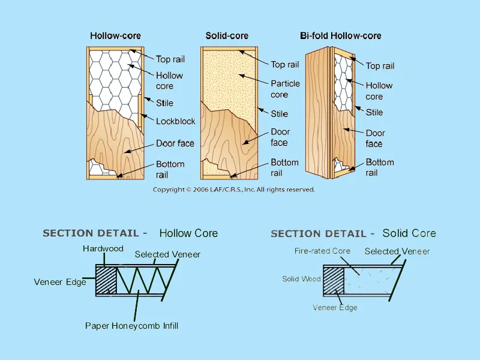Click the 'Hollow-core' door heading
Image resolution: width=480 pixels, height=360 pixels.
coord(115,36)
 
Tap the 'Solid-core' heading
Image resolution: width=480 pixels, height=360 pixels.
coord(227,36)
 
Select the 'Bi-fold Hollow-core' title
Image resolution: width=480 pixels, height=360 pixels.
coord(340,36)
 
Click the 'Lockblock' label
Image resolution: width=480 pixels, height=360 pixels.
coord(176,121)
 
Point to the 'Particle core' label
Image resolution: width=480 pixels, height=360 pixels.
coord(285,89)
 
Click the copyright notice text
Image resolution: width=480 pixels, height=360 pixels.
coord(233,190)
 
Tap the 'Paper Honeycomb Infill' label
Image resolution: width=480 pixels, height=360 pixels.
coord(132,326)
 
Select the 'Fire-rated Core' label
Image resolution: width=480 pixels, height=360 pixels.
coord(322,251)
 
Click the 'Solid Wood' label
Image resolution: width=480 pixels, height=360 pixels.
coord(302,279)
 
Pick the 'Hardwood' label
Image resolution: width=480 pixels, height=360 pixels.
coord(103,248)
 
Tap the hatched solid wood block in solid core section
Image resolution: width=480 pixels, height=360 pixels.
coord(332,281)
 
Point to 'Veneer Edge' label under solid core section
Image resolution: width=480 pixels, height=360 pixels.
coord(335,308)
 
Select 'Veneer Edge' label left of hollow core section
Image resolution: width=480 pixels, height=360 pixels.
coord(60,282)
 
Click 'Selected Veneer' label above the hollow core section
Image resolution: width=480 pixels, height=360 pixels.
coord(167,254)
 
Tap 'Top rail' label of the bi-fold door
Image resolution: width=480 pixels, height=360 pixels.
coord(380,66)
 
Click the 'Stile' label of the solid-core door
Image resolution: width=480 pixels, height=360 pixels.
coord(279,114)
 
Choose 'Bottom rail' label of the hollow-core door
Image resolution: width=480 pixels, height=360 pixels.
coord(170,169)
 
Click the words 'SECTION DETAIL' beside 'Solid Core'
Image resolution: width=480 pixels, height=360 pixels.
coord(319,233)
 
